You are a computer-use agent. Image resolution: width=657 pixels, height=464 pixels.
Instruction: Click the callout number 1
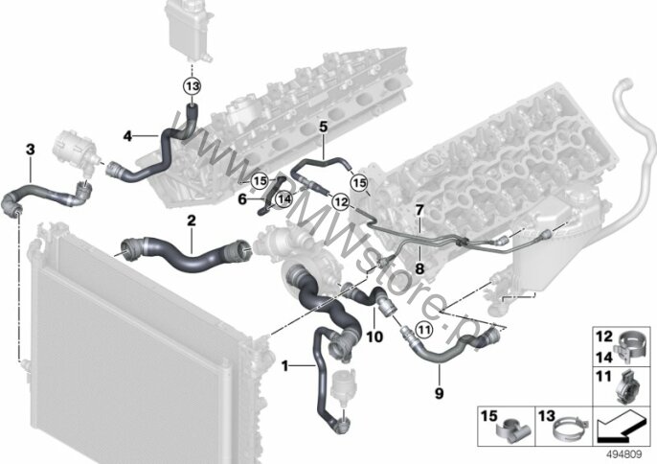click(284, 365)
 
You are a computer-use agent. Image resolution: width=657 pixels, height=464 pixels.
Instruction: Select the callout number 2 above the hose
click(192, 220)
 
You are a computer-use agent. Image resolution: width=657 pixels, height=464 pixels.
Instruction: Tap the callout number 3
click(30, 150)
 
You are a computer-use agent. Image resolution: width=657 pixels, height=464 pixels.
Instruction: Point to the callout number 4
click(127, 136)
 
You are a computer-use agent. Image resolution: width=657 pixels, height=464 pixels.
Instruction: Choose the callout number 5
click(324, 126)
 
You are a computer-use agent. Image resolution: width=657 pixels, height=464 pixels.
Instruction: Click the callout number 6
click(242, 198)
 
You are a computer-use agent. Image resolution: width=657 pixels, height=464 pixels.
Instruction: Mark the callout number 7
click(419, 209)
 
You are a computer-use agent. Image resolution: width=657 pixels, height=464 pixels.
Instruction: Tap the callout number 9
click(440, 392)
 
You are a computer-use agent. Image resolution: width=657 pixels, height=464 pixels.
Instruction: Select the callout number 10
click(374, 336)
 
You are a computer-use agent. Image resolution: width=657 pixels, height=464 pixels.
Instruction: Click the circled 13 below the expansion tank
click(192, 86)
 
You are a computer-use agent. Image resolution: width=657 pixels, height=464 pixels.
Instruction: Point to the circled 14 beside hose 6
click(283, 198)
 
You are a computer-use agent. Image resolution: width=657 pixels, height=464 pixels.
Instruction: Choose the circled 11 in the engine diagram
click(422, 331)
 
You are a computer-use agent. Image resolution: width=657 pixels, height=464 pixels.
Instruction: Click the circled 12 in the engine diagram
click(340, 200)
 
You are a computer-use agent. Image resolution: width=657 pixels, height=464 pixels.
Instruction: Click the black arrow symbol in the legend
click(619, 421)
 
